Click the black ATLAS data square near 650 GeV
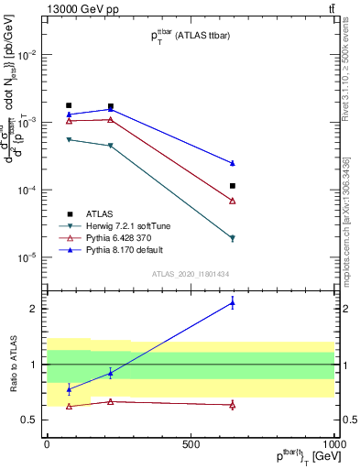[233, 186]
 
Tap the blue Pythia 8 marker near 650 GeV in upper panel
[233, 163]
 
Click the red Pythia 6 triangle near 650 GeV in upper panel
[233, 201]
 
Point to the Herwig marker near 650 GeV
[233, 238]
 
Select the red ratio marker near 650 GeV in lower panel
[233, 404]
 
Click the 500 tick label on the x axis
[191, 445]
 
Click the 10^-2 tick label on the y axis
[27, 55]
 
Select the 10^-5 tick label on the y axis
[27, 257]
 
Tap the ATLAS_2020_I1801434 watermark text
[191, 274]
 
